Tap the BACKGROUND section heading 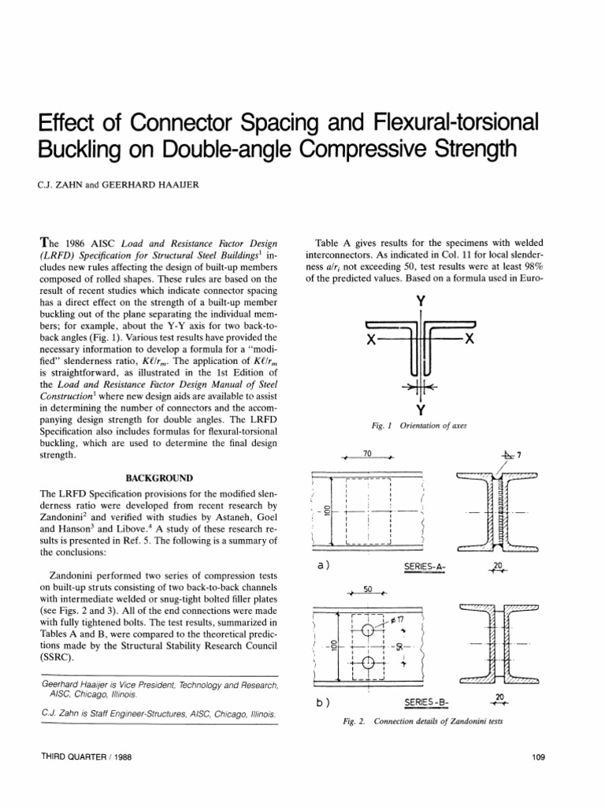(x=154, y=477)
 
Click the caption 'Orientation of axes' (x=434, y=426)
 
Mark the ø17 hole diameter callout (x=397, y=619)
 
